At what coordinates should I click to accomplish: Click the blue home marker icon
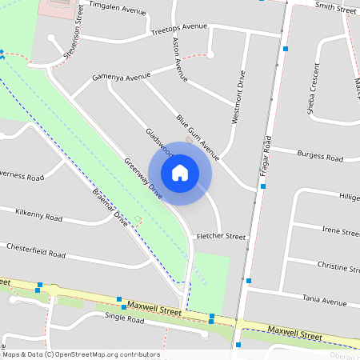coord(180,172)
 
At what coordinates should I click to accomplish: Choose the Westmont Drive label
coord(238,97)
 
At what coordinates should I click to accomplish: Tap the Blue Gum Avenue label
coord(198,135)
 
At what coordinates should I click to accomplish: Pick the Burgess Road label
coord(319,154)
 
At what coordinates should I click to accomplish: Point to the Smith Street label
coord(336,8)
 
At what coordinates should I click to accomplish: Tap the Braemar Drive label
coord(110,206)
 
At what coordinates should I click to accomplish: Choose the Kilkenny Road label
coord(39,216)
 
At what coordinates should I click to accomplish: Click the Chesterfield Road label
coord(36,250)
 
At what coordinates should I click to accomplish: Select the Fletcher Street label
coord(221,237)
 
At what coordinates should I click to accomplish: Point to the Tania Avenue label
coord(324,301)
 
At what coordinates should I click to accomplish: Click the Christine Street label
coord(338,265)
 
